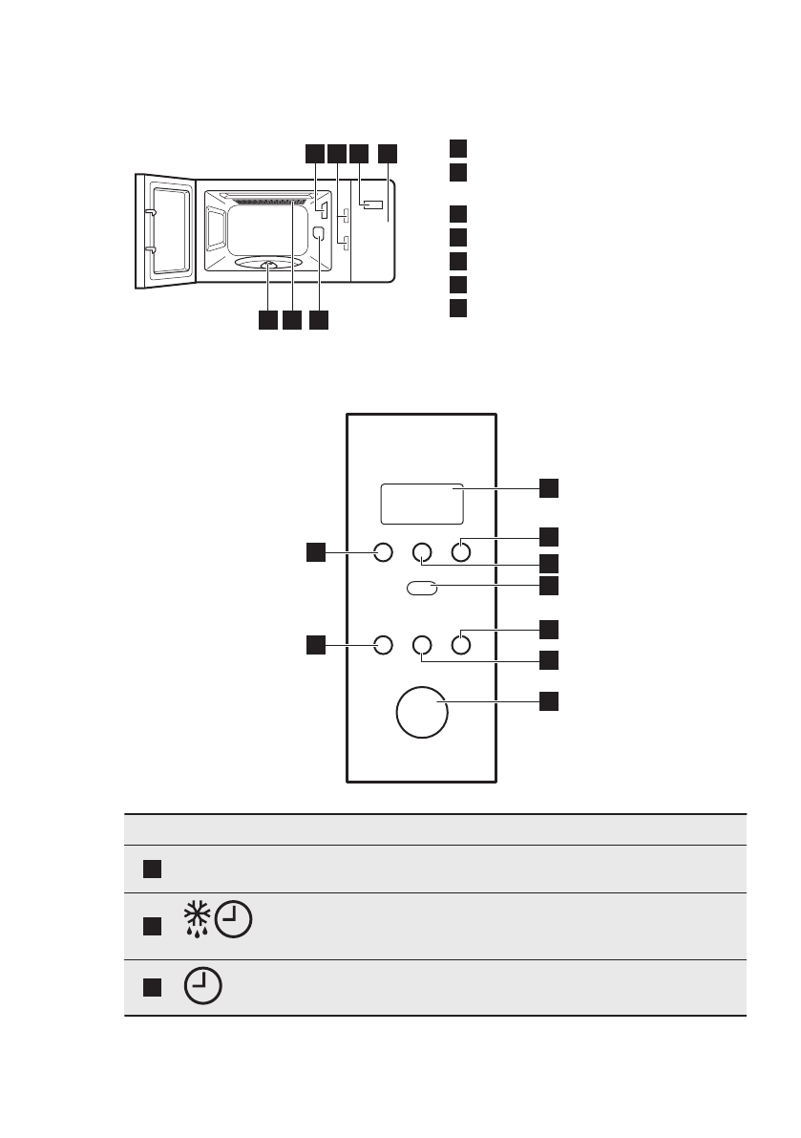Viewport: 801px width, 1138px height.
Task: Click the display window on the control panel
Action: pos(422,504)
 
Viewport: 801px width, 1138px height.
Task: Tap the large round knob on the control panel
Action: pos(422,712)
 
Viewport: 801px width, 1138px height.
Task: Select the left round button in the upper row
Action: pos(383,551)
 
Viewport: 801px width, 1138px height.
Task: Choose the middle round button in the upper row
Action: pos(422,551)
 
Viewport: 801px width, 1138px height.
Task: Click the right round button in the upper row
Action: pos(461,551)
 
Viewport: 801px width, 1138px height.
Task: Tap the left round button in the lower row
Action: pos(383,646)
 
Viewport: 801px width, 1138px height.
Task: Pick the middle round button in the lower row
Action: pos(422,646)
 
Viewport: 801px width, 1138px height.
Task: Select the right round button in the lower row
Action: pos(461,646)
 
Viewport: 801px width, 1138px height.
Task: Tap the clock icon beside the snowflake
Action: pos(234,922)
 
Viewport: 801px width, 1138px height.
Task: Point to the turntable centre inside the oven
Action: pos(268,268)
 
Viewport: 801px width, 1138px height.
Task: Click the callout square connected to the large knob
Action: pos(549,701)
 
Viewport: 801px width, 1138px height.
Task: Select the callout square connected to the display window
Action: pos(549,487)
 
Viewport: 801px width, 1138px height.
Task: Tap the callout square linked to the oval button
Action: pos(549,584)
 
